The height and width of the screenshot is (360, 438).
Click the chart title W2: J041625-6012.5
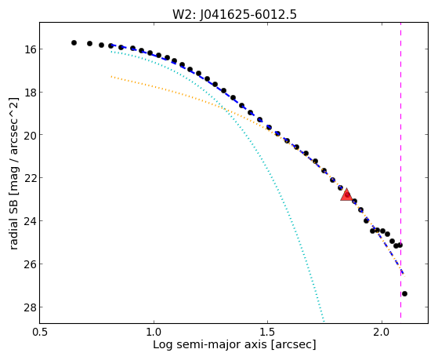(234, 14)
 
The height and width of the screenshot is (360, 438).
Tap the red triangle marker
(346, 195)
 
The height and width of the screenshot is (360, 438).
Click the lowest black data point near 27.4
(404, 293)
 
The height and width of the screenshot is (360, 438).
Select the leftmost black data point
(74, 43)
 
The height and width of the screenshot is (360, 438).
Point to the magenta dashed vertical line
(400, 170)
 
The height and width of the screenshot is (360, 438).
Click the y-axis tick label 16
(29, 49)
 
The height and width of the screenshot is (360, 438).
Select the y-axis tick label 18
(29, 93)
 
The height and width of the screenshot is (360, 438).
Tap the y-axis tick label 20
(29, 135)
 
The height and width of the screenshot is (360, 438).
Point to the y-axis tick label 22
(29, 178)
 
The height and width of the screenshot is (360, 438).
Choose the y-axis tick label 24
(29, 221)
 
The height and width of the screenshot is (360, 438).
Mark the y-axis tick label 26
(29, 264)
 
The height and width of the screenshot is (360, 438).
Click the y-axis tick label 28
(29, 307)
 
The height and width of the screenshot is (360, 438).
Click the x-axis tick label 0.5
(40, 333)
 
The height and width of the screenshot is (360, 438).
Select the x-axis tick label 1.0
(154, 333)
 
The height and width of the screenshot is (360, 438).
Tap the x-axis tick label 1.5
(268, 333)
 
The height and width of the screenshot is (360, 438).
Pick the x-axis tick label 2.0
(382, 333)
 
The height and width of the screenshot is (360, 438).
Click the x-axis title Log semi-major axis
(210, 345)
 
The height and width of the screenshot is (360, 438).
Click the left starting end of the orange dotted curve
(111, 76)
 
